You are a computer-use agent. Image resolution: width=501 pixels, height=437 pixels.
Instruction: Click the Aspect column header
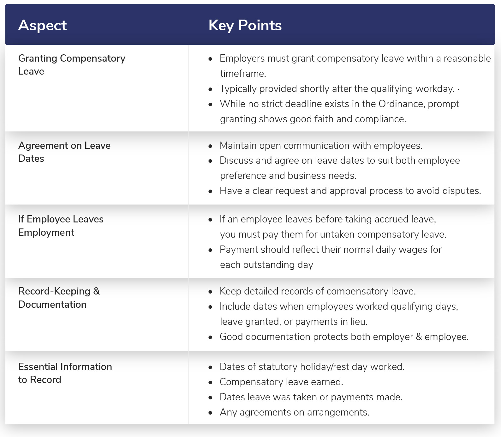[x=42, y=25]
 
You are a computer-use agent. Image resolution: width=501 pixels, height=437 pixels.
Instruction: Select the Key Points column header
[x=245, y=26]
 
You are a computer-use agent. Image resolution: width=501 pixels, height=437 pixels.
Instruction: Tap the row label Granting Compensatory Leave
[x=72, y=65]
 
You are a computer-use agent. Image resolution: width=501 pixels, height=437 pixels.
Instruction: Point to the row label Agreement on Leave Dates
[x=64, y=152]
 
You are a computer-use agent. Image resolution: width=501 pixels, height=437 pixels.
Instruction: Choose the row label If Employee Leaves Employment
[x=61, y=226]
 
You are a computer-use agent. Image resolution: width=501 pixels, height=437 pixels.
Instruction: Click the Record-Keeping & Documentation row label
[x=59, y=298]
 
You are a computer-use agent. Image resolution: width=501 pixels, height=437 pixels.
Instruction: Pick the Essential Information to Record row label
[x=65, y=373]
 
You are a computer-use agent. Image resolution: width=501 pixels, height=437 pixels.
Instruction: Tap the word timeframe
[x=242, y=74]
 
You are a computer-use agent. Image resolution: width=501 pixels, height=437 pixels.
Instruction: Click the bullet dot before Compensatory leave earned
[x=211, y=383]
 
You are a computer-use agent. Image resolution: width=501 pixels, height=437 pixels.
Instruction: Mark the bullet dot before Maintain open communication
[x=211, y=146]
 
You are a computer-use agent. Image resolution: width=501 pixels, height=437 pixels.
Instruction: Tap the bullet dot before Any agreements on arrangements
[x=211, y=413]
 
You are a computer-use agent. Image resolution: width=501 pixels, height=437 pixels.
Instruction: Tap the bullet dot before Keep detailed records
[x=211, y=292]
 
